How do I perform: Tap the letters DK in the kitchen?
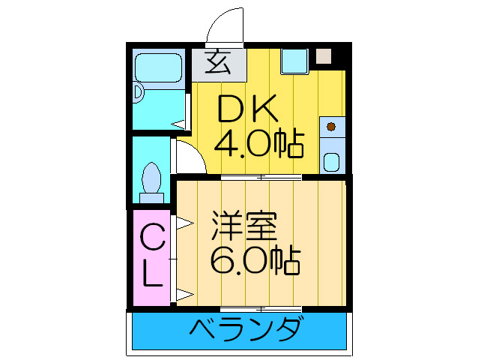(x=248, y=111)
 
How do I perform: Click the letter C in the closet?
(x=152, y=241)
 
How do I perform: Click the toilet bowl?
(x=152, y=180)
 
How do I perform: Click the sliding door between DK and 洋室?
(x=261, y=178)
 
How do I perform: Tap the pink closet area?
(x=152, y=259)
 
